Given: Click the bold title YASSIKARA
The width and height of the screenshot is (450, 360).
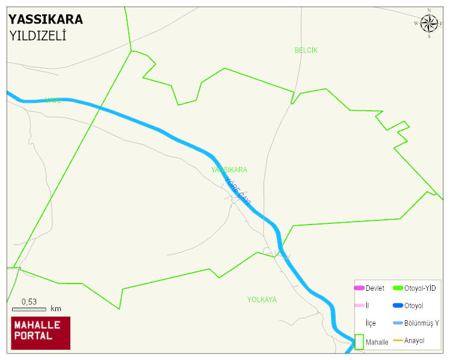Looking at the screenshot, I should click(46, 19).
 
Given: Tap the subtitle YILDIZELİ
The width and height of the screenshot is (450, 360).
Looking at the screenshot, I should click(37, 36).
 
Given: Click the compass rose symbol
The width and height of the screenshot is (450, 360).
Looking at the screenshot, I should click(429, 23).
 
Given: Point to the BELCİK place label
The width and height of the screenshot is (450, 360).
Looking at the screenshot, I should click(306, 50).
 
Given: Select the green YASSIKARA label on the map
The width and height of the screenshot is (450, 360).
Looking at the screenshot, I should click(229, 170).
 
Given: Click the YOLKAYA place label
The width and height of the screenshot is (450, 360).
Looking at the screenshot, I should click(262, 299).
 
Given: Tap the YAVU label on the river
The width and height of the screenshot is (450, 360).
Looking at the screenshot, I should click(54, 101).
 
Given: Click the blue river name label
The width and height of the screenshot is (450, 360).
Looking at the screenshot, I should click(238, 190).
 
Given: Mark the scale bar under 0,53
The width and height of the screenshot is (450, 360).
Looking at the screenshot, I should click(29, 309).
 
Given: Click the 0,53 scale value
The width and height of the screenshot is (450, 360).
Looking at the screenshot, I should click(29, 301).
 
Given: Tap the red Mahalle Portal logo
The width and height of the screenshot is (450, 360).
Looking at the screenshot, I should click(41, 333).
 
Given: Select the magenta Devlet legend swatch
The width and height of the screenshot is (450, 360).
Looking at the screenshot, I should click(359, 288).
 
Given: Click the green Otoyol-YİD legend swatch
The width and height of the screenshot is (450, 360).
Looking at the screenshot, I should click(398, 288).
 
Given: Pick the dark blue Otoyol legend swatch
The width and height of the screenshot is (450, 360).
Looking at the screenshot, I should click(398, 306).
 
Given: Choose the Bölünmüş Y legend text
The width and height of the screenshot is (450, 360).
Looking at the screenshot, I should click(422, 323).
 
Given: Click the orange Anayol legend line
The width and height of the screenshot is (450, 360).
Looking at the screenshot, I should click(398, 341).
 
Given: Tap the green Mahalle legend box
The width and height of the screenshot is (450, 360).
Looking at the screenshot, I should click(359, 341).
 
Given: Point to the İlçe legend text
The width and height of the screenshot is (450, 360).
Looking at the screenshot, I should click(371, 323).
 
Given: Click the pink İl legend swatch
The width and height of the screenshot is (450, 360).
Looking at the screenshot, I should click(359, 306).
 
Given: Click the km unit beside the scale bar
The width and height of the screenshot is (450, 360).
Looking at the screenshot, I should click(56, 309).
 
